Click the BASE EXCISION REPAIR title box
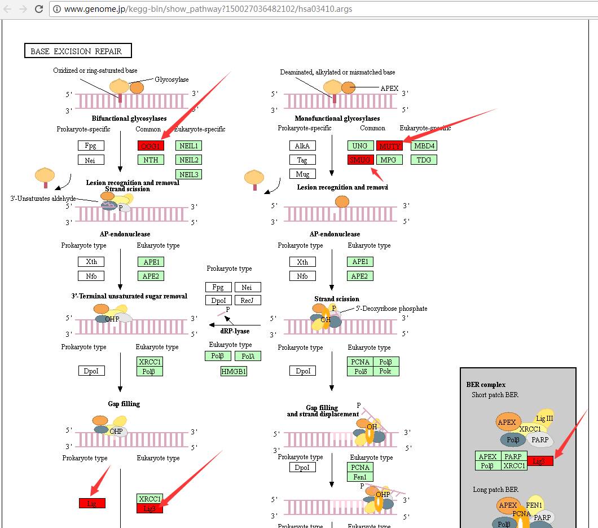pyautogui.click(x=77, y=51)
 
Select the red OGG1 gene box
pyautogui.click(x=151, y=146)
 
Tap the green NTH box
pyautogui.click(x=151, y=160)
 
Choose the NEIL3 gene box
pyautogui.click(x=189, y=174)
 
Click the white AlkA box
pyautogui.click(x=302, y=146)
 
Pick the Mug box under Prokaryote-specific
pyautogui.click(x=302, y=174)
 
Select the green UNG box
pyautogui.click(x=360, y=146)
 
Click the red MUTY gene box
pyautogui.click(x=390, y=146)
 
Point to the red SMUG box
pyautogui.click(x=360, y=160)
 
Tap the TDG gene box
pyautogui.click(x=424, y=160)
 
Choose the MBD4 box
pyautogui.click(x=424, y=146)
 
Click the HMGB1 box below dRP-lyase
pyautogui.click(x=234, y=371)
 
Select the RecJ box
pyautogui.click(x=247, y=301)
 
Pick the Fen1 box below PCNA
pyautogui.click(x=360, y=477)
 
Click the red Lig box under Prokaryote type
pyautogui.click(x=92, y=503)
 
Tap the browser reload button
pyautogui.click(x=39, y=9)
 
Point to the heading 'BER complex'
pyautogui.click(x=486, y=385)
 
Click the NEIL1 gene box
pyautogui.click(x=189, y=146)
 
